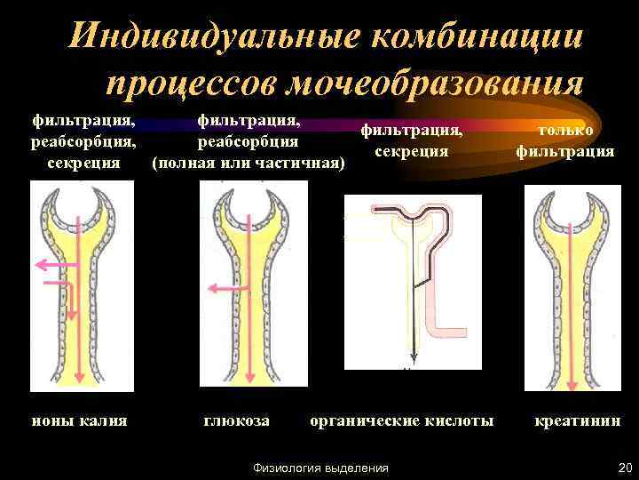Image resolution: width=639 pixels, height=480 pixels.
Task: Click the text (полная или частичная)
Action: tap(248, 164)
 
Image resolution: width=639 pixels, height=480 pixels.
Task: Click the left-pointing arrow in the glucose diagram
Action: tap(221, 287)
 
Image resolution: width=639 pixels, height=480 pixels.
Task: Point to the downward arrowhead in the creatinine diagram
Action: tap(572, 383)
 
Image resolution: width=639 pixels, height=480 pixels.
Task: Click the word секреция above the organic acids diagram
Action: tap(411, 151)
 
